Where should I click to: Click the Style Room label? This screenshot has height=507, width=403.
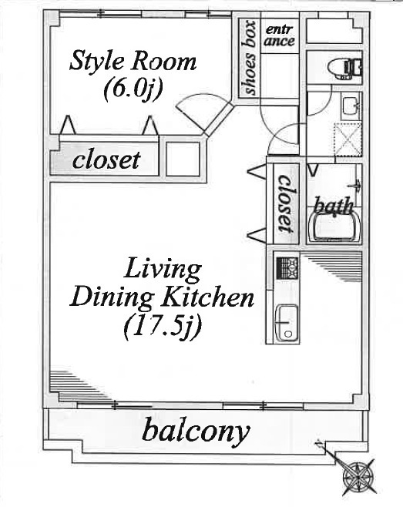click(133, 62)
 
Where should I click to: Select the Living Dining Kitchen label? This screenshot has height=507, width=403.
click(162, 284)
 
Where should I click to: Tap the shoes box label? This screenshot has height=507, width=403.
click(249, 59)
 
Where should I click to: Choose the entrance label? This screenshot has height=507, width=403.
click(280, 35)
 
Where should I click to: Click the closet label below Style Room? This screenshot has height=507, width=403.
click(106, 159)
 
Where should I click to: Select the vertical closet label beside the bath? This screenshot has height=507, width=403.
click(286, 203)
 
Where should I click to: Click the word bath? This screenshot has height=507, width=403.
click(333, 206)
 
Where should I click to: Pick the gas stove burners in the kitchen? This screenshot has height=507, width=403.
click(287, 268)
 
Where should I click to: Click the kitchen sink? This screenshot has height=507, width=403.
click(287, 322)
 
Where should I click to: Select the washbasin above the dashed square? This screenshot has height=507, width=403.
click(351, 106)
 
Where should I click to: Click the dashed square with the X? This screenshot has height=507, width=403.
click(348, 139)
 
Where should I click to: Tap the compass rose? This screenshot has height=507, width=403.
click(358, 478)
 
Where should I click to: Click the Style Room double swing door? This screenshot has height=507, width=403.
click(205, 114)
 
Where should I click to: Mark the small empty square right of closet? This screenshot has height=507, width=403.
click(183, 159)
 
